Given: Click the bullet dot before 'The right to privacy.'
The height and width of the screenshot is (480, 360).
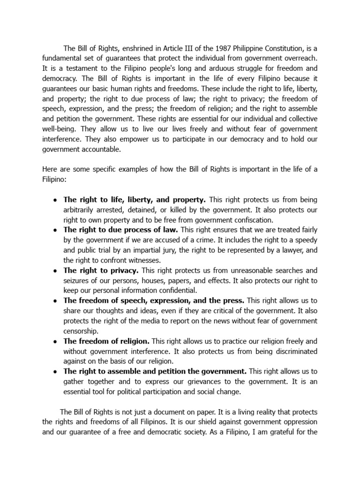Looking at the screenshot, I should pos(55,271).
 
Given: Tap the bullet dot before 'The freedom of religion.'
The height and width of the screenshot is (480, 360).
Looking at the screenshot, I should pos(55,341).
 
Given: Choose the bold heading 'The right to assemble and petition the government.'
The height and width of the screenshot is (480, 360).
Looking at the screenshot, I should pos(155,371).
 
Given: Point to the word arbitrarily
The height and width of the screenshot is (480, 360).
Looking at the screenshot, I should pos(82,210).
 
